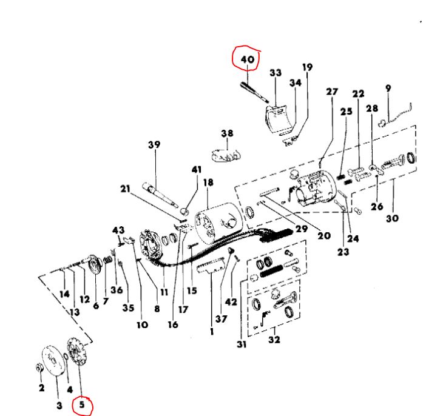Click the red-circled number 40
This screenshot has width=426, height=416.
coord(246,59)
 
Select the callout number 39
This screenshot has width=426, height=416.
coord(154,144)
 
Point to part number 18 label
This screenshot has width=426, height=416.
coord(208,182)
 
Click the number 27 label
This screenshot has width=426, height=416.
coord(331,92)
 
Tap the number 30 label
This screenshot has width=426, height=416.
coord(391,218)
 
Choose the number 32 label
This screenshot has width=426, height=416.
coord(274,340)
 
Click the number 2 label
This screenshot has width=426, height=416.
coord(41,387)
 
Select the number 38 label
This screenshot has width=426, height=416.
coord(227,133)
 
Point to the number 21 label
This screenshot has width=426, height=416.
coord(126,189)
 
